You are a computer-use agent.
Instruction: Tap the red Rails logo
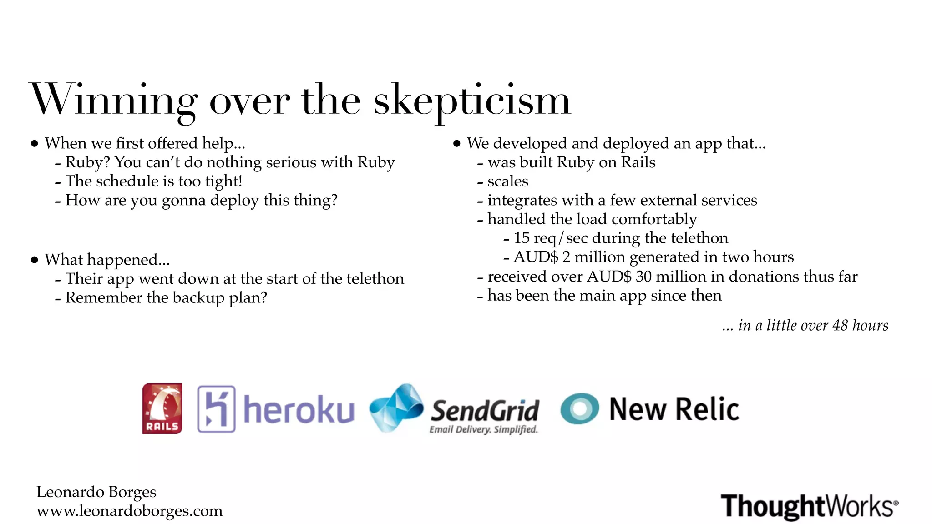(162, 408)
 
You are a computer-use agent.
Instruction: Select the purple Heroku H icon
(216, 408)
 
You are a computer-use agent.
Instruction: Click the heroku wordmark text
(299, 409)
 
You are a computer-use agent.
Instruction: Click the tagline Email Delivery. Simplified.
(483, 429)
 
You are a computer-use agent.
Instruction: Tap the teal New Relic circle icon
(579, 408)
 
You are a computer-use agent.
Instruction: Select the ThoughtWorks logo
(809, 506)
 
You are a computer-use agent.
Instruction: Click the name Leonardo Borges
(96, 492)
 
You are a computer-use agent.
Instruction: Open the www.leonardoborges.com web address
(130, 511)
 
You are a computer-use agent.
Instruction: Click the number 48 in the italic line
(840, 325)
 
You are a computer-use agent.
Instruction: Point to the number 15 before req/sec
(522, 238)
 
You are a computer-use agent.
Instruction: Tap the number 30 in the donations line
(643, 276)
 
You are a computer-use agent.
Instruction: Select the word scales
(508, 181)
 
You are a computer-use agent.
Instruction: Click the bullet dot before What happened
(35, 260)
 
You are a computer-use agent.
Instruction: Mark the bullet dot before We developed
(457, 144)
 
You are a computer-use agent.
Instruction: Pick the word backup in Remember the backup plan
(198, 297)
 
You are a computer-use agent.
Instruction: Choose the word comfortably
(654, 219)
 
